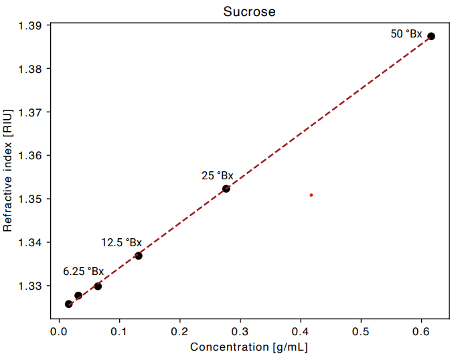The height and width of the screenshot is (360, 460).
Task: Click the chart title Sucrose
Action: click(x=249, y=11)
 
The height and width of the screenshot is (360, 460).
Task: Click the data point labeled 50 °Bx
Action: click(x=431, y=36)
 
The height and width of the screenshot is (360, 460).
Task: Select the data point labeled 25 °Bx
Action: click(x=226, y=189)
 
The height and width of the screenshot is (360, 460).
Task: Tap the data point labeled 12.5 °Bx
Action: click(x=139, y=256)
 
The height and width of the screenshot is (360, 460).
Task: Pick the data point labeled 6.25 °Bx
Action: click(x=98, y=286)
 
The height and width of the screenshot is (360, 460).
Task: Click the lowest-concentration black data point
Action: click(x=69, y=304)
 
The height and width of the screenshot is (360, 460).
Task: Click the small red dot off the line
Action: click(x=311, y=195)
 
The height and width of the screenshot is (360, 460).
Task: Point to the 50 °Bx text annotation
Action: click(x=406, y=33)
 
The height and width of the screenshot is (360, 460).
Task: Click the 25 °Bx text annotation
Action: click(x=218, y=176)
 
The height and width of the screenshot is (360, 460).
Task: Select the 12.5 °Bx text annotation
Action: click(x=122, y=243)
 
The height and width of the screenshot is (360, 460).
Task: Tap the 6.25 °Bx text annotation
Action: click(x=84, y=272)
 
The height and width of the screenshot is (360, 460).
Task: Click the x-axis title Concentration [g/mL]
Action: click(x=249, y=347)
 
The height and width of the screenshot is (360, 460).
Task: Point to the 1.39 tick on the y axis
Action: click(x=31, y=25)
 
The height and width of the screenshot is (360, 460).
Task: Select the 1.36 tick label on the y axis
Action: click(x=31, y=155)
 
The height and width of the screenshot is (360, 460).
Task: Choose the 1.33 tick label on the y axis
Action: click(x=31, y=286)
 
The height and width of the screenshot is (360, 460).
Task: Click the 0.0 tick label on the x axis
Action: click(x=59, y=331)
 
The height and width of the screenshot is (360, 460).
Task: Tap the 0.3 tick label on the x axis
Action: click(x=240, y=331)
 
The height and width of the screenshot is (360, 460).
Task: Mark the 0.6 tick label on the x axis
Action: click(x=421, y=331)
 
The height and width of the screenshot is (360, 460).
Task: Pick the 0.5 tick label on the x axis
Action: click(x=361, y=331)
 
